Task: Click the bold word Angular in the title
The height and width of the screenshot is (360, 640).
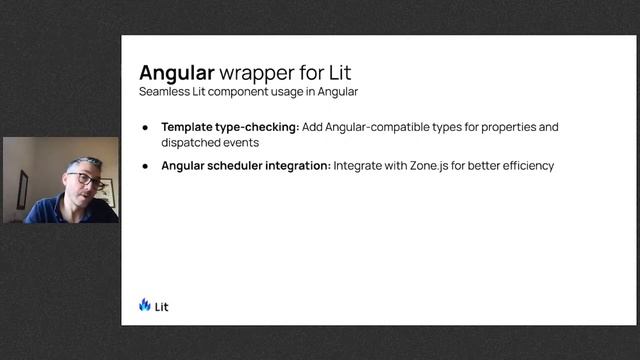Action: click(176, 73)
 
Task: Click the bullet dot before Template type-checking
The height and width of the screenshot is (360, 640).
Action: click(145, 128)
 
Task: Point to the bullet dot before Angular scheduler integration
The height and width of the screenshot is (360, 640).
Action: click(145, 165)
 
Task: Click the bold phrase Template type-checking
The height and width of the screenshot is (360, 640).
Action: click(230, 127)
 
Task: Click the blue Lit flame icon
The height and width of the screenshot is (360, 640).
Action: click(145, 305)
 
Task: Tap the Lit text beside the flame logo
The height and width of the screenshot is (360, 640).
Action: click(162, 306)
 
